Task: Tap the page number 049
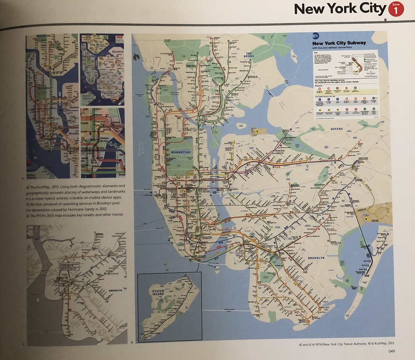[391, 352]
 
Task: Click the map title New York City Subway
[339, 43]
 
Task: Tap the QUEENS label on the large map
[336, 129]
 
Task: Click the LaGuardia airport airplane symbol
[257, 131]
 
